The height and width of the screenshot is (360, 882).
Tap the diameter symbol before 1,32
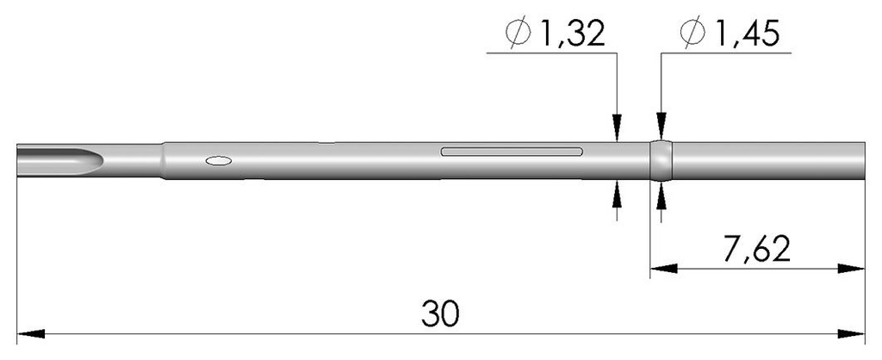(x=519, y=34)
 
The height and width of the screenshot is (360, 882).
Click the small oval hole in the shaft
(x=218, y=159)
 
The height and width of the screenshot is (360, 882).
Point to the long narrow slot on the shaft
(x=512, y=152)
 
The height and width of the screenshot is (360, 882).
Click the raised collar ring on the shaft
(x=660, y=160)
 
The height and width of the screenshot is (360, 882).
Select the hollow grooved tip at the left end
(x=60, y=159)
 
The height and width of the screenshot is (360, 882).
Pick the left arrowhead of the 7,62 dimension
(x=659, y=270)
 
